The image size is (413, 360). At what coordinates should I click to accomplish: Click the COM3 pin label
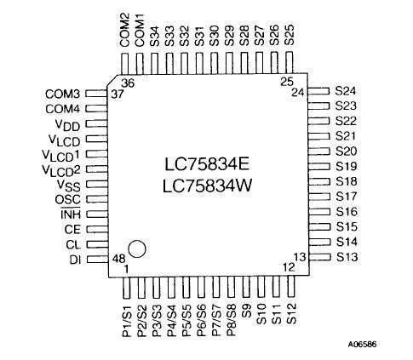pyautogui.click(x=62, y=93)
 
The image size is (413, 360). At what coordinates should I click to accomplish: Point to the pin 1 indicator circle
pyautogui.click(x=138, y=249)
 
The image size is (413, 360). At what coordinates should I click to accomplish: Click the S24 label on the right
pyautogui.click(x=346, y=89)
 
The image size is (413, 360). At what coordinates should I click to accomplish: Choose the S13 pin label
pyautogui.click(x=346, y=256)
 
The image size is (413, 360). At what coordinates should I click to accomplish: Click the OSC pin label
pyautogui.click(x=68, y=199)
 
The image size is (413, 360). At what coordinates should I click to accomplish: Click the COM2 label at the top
pyautogui.click(x=125, y=28)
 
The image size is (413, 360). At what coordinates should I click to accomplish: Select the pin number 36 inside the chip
pyautogui.click(x=128, y=83)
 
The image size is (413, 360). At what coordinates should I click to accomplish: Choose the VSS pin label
pyautogui.click(x=68, y=185)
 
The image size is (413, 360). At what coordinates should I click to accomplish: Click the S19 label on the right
pyautogui.click(x=346, y=166)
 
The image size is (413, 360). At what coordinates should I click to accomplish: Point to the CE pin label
pyautogui.click(x=72, y=229)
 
